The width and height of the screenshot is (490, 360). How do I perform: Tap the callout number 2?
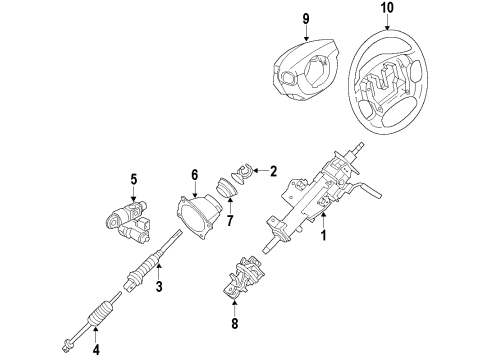pyautogui.click(x=273, y=171)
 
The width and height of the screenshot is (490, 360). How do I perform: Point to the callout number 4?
pyautogui.click(x=95, y=349)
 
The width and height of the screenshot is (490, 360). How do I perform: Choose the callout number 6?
pyautogui.click(x=195, y=174)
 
